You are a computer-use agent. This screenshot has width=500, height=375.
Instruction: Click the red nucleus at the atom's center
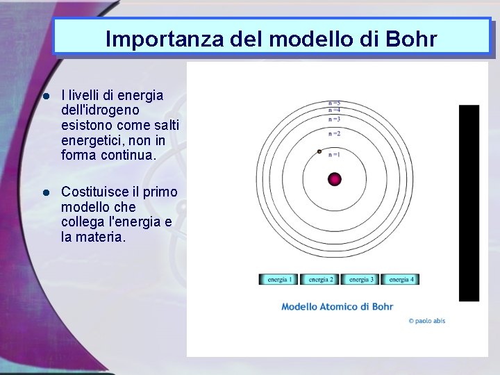(335, 178)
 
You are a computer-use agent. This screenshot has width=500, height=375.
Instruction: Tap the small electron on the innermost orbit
(319, 151)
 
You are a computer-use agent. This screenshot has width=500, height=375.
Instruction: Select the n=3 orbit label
(334, 119)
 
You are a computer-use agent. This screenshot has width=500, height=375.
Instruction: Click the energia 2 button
(319, 279)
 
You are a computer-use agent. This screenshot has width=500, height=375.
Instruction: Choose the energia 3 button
(360, 279)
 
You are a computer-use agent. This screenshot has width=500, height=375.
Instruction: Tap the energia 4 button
(400, 279)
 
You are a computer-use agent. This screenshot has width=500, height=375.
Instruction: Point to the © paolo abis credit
(426, 321)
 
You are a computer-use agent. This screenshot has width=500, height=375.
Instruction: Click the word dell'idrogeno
(90, 110)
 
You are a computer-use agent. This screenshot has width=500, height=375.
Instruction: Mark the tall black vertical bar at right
(469, 203)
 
